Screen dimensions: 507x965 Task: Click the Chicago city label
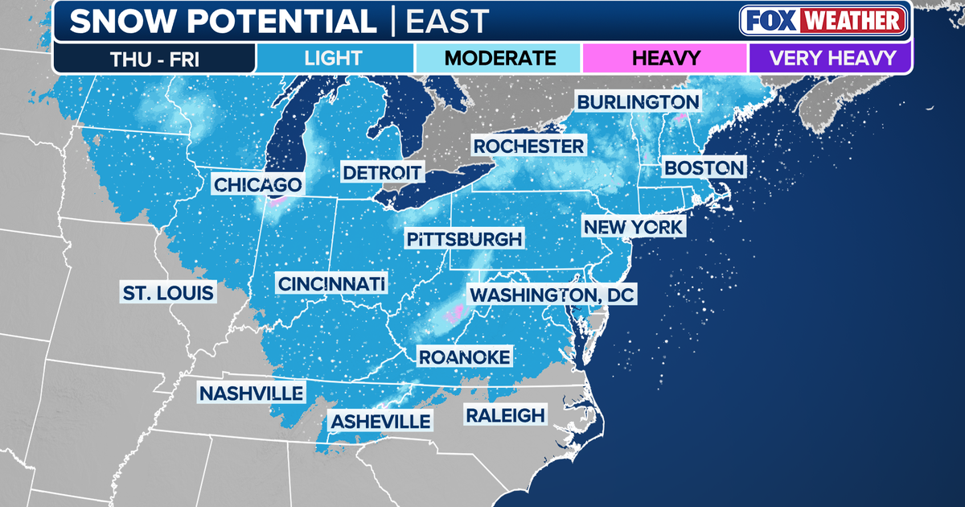[x=258, y=184]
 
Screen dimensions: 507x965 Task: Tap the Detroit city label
[x=382, y=172]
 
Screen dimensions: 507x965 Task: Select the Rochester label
[x=528, y=146]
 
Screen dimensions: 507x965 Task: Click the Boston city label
[x=704, y=168]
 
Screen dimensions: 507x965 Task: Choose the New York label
[x=634, y=227]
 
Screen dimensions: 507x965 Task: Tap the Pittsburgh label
[x=464, y=239]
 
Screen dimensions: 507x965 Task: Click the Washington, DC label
[x=552, y=295]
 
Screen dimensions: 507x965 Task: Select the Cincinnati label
[x=331, y=283]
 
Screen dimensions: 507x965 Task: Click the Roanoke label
[x=464, y=357]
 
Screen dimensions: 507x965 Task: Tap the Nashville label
[x=252, y=394]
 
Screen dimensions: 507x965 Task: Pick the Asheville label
[x=380, y=421]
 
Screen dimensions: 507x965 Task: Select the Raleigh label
[x=504, y=415]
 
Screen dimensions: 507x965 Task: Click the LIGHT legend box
[x=334, y=58]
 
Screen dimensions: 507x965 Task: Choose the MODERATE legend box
[x=499, y=58]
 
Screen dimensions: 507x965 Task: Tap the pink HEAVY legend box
[x=665, y=58]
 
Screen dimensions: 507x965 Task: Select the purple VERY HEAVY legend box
[x=831, y=58]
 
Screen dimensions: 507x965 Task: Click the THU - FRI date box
[x=154, y=58]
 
